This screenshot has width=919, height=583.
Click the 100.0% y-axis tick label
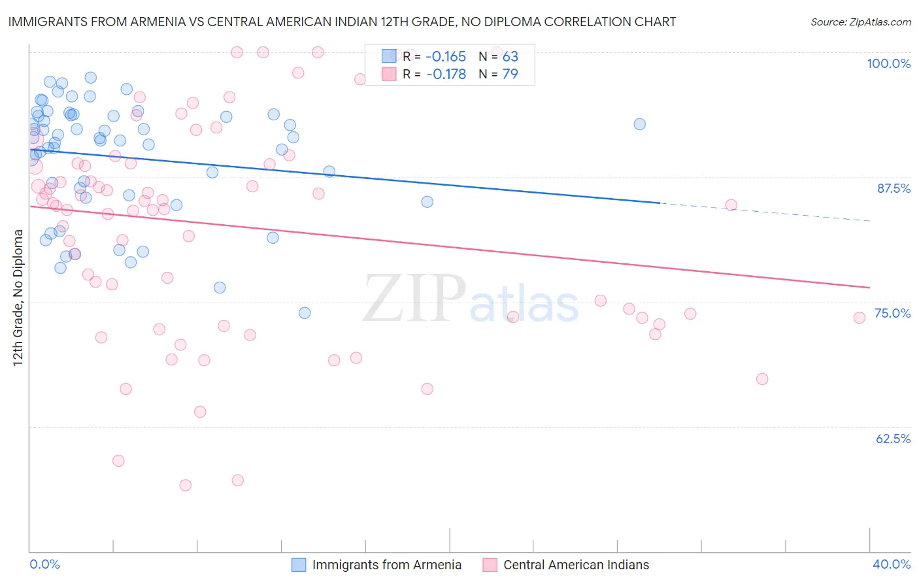(888, 63)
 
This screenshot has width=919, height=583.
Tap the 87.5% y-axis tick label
(894, 188)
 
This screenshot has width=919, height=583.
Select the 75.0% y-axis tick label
(892, 313)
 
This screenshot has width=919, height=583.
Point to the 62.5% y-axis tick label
(893, 439)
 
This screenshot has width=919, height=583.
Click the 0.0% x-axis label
(44, 564)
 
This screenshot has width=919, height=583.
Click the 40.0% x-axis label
(892, 564)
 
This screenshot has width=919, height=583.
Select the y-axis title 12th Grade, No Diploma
(18, 297)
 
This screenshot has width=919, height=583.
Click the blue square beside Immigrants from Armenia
(299, 565)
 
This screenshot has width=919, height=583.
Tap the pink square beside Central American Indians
(490, 565)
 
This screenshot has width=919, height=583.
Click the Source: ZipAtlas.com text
(860, 22)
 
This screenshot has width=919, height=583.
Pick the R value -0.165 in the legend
(446, 56)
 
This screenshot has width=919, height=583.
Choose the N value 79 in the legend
(510, 74)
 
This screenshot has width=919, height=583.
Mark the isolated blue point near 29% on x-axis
(639, 124)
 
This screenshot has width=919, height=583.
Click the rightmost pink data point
(860, 318)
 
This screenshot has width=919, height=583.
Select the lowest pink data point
(185, 485)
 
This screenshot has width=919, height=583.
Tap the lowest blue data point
(305, 313)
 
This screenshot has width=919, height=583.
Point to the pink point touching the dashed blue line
(731, 205)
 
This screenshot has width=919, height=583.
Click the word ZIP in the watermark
(414, 299)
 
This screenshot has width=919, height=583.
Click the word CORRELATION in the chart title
(575, 22)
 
